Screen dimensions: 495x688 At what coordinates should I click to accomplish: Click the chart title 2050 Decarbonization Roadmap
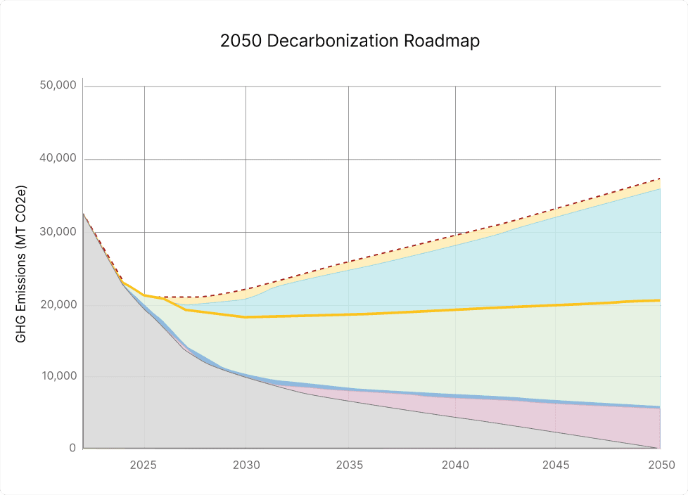point(350,41)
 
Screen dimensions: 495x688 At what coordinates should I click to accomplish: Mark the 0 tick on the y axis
point(72,448)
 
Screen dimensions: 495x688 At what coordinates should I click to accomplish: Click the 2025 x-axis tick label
point(144,465)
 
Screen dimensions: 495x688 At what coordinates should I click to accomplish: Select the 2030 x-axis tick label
point(246,465)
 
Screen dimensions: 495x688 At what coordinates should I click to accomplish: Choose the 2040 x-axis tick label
point(453,465)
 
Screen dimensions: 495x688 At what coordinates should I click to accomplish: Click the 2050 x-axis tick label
point(661,465)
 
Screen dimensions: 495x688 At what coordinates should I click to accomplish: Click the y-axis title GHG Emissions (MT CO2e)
point(21,264)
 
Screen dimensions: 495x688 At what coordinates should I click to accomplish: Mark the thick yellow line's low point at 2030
point(246,317)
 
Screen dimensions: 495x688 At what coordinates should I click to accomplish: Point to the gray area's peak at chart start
point(83,214)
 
